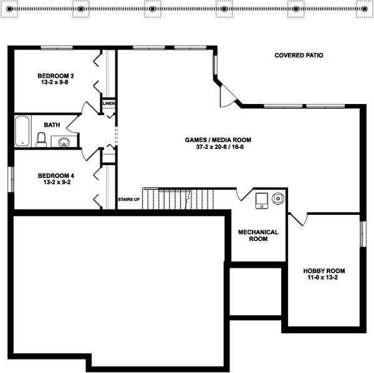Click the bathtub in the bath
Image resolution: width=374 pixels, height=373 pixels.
click(22, 131)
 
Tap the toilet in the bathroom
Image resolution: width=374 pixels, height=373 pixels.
click(41, 139)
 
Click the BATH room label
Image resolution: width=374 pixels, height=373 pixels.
click(52, 125)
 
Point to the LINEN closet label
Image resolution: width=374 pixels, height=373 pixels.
click(108, 103)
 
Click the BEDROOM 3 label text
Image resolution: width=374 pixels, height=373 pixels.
click(51, 77)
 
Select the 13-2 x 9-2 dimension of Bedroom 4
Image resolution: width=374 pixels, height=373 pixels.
click(51, 182)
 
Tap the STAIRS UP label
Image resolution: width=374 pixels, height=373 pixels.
click(129, 199)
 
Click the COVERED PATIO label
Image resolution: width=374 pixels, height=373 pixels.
click(299, 55)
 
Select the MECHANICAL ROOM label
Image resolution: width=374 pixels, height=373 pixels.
click(258, 235)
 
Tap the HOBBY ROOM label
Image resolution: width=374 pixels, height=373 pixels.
click(324, 271)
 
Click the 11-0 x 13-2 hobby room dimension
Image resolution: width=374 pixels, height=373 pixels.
click(324, 279)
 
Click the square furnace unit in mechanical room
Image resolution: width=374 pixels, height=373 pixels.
click(261, 200)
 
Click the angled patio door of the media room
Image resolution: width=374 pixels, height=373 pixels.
click(228, 94)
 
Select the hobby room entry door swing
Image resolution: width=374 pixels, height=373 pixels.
click(298, 219)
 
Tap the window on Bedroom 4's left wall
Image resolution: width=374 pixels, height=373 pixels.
click(11, 179)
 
